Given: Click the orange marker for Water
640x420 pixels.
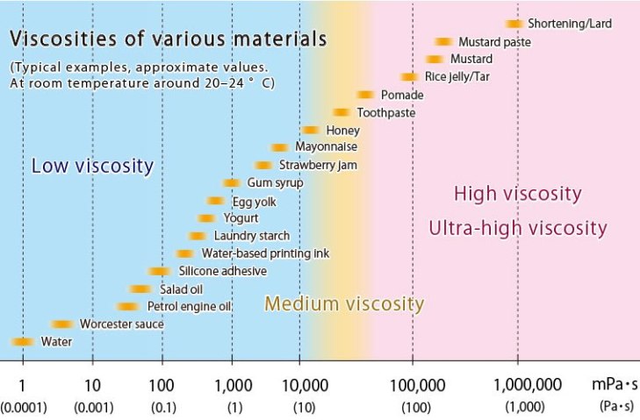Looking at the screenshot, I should coord(22,341).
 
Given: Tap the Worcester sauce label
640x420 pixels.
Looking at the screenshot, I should coord(121,324).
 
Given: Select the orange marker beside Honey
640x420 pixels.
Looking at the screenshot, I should coord(309,130).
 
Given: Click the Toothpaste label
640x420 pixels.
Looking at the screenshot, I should coord(385,112).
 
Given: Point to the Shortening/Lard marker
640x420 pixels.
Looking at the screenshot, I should coord(514,24).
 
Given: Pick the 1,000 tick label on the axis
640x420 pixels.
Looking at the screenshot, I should coord(231,384).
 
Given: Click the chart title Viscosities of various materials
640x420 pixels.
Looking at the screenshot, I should coord(168,39).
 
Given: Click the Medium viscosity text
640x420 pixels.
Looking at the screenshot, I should coord(344,304).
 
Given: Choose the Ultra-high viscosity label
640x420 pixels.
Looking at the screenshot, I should coord(517,229).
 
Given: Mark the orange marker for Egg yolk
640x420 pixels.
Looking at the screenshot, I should coord(216,201).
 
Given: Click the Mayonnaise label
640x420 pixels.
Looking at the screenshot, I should coord(326,147).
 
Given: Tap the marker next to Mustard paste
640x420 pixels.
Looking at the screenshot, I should coord(443,41).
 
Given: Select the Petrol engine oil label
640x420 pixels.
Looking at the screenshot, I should coord(189,306).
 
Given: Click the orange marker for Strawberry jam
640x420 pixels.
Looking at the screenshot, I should coord(263,165).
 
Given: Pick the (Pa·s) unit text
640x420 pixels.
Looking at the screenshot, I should coord(612,407).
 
